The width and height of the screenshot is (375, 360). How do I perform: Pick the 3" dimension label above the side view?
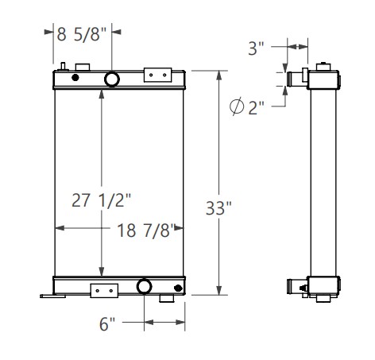[255, 48]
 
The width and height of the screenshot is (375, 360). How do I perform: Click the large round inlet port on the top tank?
[111, 79]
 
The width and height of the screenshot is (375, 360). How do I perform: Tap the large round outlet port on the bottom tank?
[145, 286]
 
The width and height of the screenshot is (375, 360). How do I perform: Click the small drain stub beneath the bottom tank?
[166, 299]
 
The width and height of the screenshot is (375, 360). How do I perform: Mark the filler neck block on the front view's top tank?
[82, 67]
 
